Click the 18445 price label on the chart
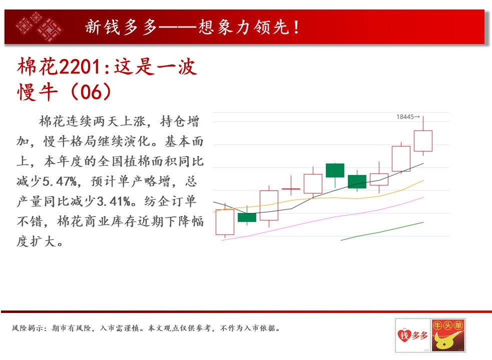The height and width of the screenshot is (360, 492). coord(407,117)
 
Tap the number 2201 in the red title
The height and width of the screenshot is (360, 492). coord(80,66)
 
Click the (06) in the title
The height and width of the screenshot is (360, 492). coord(91,91)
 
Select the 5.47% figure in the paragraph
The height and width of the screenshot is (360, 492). coord(60,181)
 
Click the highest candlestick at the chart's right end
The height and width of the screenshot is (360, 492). coord(423,136)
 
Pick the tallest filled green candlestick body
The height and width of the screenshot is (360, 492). coord(335,170)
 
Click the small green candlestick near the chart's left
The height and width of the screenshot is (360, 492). coord(247,217)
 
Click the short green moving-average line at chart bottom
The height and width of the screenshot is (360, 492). coord(382,231)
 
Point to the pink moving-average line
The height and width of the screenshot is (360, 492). coord(322,219)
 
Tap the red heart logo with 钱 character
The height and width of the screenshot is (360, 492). coord(404,335)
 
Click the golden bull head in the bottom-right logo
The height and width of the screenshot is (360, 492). coord(446,340)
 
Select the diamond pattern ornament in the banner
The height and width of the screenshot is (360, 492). coord(39,26)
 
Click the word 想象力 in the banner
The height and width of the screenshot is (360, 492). coord(225,27)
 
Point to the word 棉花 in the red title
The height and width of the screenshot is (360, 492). coord(38,66)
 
